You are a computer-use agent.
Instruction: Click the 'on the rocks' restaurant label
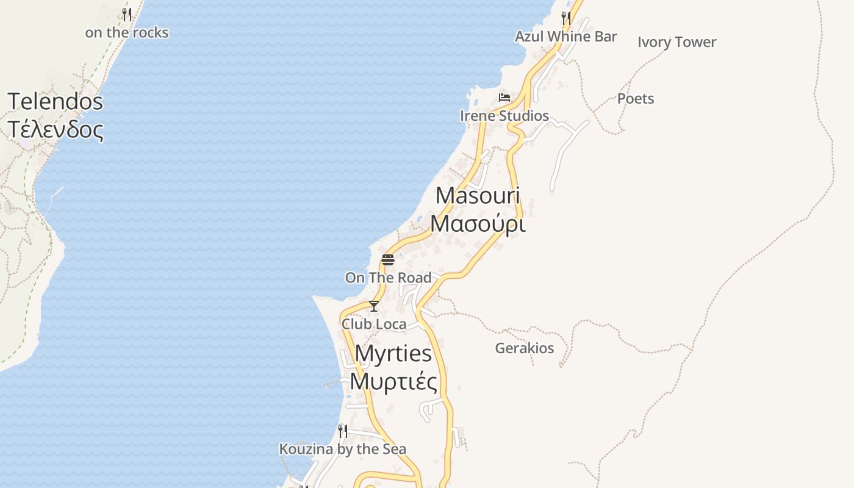pyautogui.click(x=126, y=32)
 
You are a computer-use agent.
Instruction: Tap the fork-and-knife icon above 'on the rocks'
pyautogui.click(x=127, y=14)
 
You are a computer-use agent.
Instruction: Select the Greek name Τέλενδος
pyautogui.click(x=55, y=129)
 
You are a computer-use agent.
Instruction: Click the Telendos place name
pyautogui.click(x=55, y=101)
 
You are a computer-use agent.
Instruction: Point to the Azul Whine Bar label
pyautogui.click(x=565, y=37)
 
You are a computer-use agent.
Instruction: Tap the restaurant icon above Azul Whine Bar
pyautogui.click(x=566, y=18)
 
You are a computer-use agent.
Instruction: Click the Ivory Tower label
pyautogui.click(x=676, y=42)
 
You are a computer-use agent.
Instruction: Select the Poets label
pyautogui.click(x=636, y=99)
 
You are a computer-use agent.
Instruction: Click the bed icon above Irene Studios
pyautogui.click(x=504, y=97)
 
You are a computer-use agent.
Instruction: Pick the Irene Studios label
pyautogui.click(x=504, y=116)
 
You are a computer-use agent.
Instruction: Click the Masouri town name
pyautogui.click(x=478, y=196)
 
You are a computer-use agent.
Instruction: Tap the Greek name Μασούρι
pyautogui.click(x=478, y=224)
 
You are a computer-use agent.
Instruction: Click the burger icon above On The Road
pyautogui.click(x=388, y=260)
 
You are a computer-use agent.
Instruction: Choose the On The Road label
pyautogui.click(x=388, y=278)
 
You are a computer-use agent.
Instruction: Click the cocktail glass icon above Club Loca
pyautogui.click(x=374, y=306)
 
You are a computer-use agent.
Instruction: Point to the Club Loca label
pyautogui.click(x=374, y=324)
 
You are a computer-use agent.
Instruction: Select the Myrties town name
pyautogui.click(x=393, y=353)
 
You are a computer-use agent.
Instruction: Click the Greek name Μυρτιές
pyautogui.click(x=393, y=382)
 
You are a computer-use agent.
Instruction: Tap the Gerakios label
pyautogui.click(x=525, y=348)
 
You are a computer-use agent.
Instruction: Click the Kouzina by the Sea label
pyautogui.click(x=342, y=450)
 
